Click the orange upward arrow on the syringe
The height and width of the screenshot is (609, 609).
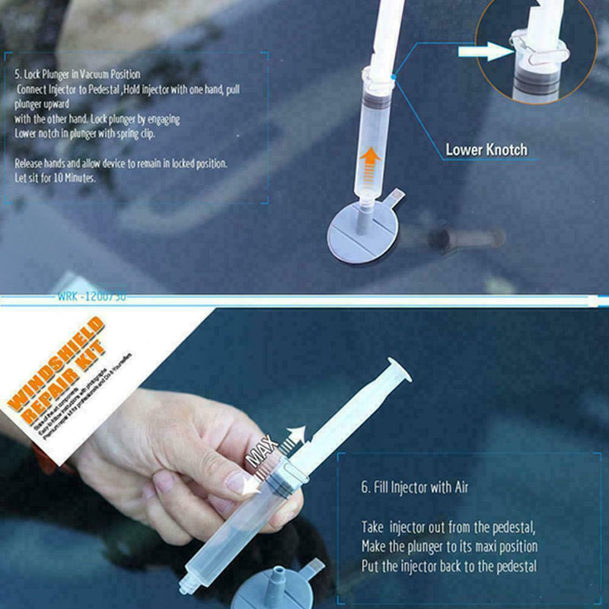371,163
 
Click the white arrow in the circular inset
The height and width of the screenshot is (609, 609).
484,51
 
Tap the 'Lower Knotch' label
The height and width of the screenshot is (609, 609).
486,150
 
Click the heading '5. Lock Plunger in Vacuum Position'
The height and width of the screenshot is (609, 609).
78,75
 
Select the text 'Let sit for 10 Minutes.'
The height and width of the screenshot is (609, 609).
56,177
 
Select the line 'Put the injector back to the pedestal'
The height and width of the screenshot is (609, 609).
448,566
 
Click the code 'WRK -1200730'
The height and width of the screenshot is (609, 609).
91,297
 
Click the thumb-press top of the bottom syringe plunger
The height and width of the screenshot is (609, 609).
400,369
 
